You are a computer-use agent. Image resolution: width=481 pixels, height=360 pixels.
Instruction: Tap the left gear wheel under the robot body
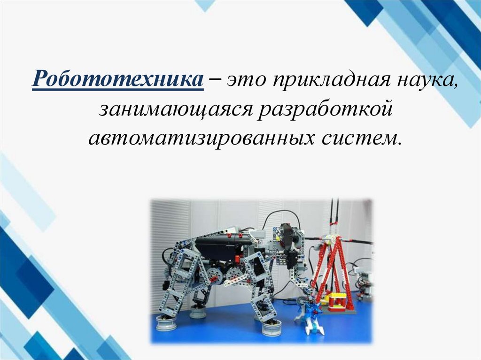217,275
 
